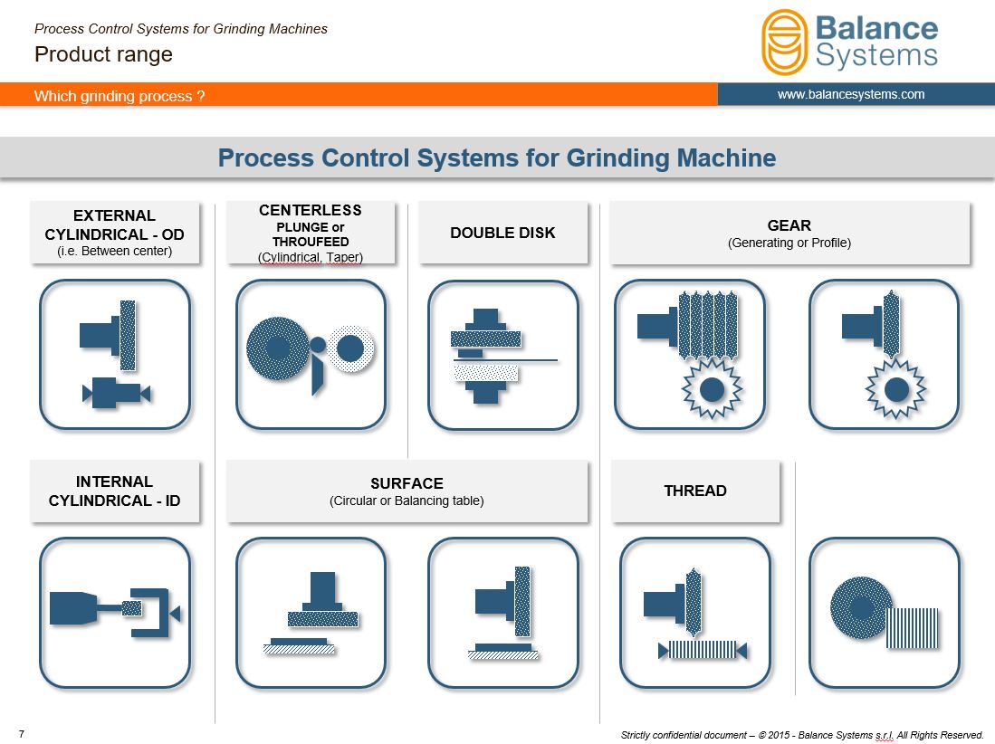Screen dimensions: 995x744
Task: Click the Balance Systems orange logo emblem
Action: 784,42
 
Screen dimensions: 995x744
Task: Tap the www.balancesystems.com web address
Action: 851,94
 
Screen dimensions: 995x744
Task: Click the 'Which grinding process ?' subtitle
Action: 120,96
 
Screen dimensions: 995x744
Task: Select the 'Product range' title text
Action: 103,54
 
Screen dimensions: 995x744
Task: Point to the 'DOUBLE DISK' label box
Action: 502,233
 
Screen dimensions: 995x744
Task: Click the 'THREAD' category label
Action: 695,491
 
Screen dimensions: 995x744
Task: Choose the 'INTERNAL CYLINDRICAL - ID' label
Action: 114,491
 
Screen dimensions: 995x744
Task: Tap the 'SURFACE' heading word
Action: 407,483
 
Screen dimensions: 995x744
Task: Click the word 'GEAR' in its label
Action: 789,225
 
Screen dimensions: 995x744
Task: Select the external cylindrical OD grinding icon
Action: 115,355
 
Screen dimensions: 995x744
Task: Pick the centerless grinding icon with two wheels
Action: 311,355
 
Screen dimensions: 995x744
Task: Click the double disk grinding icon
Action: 503,355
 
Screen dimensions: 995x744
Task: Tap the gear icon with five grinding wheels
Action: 691,355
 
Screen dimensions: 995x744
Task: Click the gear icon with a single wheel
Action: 884,355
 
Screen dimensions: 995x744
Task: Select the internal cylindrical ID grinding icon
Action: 115,613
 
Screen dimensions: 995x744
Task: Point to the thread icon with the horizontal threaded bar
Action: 695,613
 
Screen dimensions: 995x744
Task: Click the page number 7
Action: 22,734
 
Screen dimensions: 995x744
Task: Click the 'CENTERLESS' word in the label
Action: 311,210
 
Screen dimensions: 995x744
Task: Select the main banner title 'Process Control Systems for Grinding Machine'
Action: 497,157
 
